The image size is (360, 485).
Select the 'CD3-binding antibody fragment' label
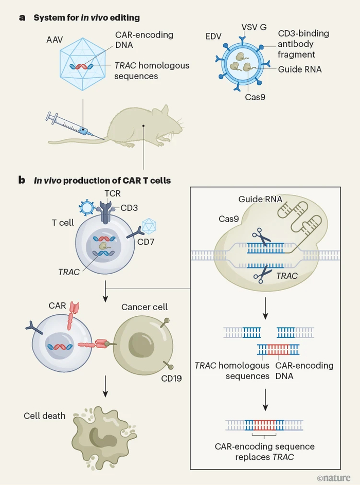point(304,44)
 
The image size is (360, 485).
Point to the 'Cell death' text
point(45,415)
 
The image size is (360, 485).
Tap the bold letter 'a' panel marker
point(22,17)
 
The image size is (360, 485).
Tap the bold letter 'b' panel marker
point(22,180)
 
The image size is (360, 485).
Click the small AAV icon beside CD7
point(149,225)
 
